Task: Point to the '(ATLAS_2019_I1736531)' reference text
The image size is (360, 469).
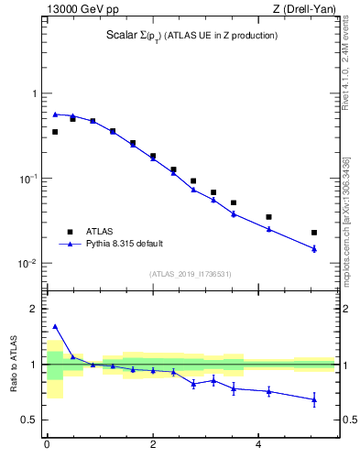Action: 191,273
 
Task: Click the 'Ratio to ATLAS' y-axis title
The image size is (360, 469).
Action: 14,365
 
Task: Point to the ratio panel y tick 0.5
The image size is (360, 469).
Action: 29,420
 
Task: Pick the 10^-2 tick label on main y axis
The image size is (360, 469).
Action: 27,264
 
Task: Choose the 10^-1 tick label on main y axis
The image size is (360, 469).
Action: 27,179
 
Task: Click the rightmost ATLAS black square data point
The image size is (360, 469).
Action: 314,233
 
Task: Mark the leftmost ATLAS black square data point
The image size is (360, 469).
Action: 55,132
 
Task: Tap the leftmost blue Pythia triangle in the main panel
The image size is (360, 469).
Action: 55,115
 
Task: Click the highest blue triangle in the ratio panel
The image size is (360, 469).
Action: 55,326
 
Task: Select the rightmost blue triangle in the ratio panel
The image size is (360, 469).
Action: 314,399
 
